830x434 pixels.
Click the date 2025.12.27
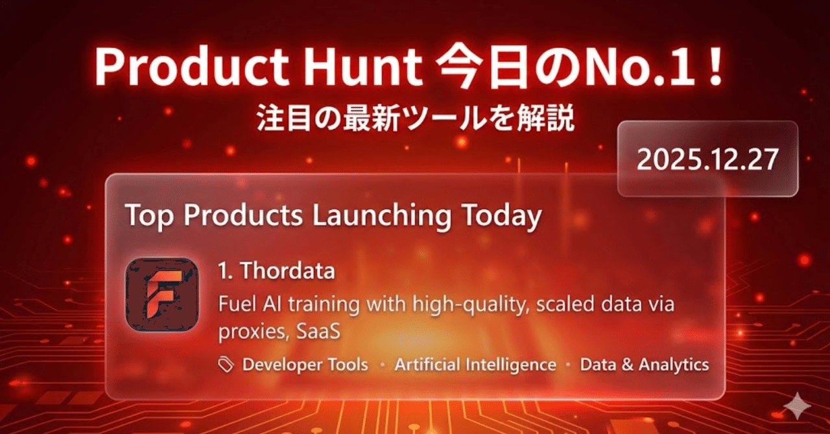(x=707, y=159)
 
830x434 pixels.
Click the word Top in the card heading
(x=148, y=216)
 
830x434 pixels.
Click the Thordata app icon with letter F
(x=161, y=295)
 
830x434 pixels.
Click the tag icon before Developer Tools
(x=226, y=365)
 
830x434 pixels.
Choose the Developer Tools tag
(x=305, y=365)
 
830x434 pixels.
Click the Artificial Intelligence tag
(x=475, y=365)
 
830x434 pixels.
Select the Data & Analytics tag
(x=644, y=365)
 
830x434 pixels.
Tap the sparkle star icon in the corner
(x=798, y=406)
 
